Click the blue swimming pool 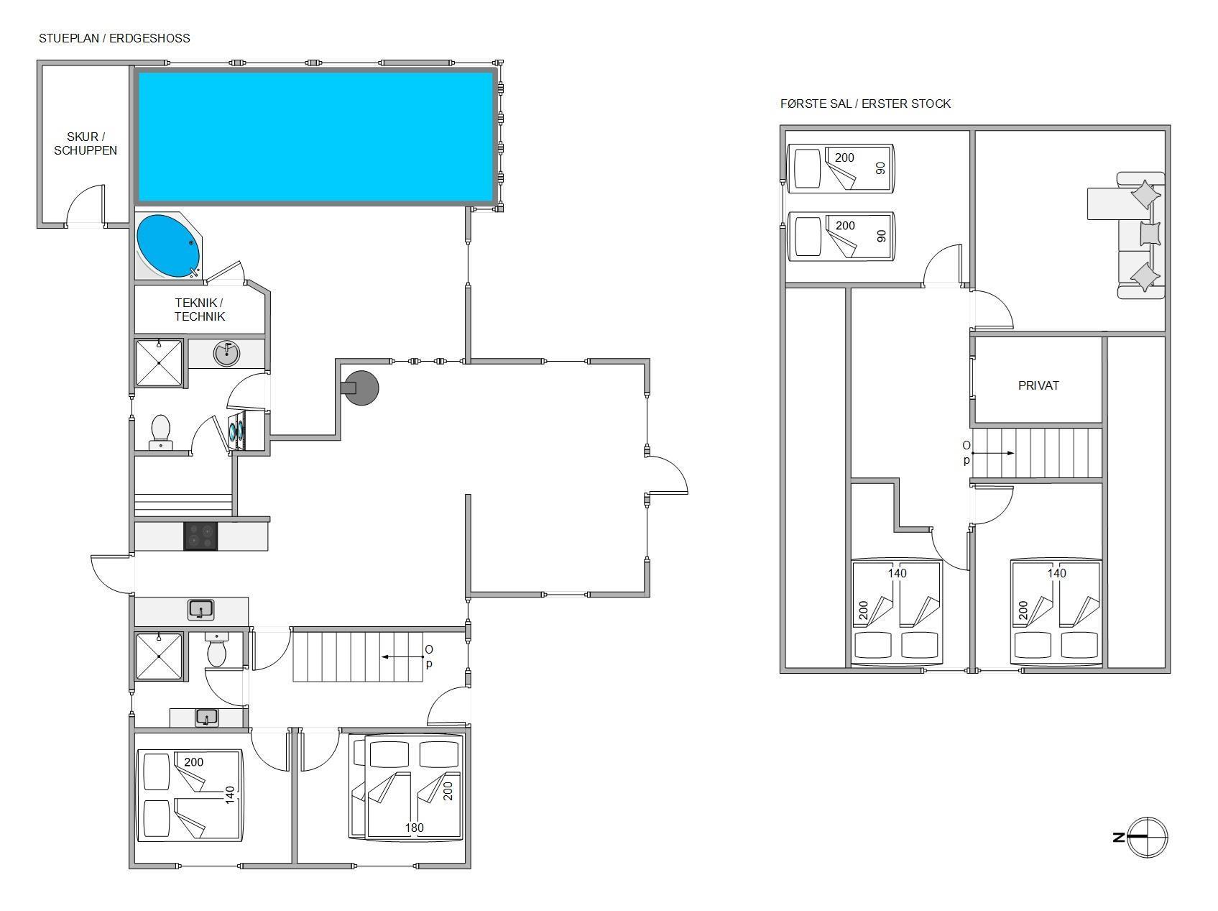pos(316,137)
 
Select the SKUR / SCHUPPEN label pos(86,143)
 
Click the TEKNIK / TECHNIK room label pos(199,309)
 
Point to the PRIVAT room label pos(1038,385)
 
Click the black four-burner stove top pos(200,536)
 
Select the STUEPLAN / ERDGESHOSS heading pos(114,38)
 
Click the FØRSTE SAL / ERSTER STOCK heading pos(865,104)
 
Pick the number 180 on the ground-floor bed pos(414,828)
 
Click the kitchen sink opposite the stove pos(201,610)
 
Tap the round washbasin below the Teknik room pos(226,353)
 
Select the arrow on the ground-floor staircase pos(402,656)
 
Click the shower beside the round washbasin pos(159,363)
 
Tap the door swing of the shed pos(86,205)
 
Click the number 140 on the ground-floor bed pos(230,795)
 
